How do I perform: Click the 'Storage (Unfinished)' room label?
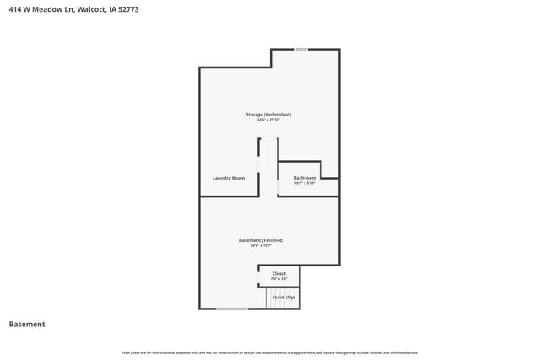267,114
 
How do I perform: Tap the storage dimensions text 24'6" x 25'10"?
267,120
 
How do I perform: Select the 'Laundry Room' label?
229,178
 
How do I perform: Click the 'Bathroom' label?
305,178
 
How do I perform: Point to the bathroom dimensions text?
305,183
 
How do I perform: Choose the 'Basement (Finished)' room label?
261,240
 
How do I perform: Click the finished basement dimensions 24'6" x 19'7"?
261,246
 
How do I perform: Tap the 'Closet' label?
278,273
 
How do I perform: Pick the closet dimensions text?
278,278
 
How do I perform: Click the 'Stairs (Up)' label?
283,298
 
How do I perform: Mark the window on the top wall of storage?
301,49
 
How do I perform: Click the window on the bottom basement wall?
232,309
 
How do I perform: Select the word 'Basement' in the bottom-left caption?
27,325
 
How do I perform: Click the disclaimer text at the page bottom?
269,352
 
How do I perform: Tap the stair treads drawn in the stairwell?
283,304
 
